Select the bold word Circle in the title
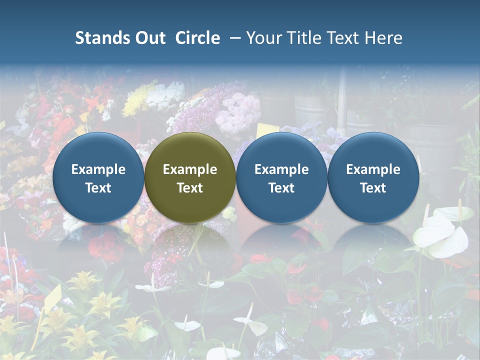(x=197, y=38)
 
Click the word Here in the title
(x=383, y=38)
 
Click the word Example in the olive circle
(x=190, y=169)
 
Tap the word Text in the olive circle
(x=190, y=188)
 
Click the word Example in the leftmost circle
(x=98, y=169)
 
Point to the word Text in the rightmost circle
(x=373, y=188)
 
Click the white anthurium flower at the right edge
(x=442, y=232)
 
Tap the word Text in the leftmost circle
(x=98, y=188)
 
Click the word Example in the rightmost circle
(x=373, y=169)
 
